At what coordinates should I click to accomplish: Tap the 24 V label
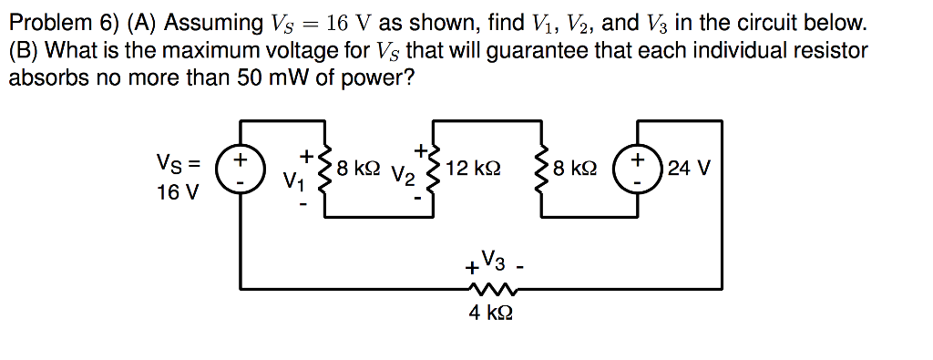tap(689, 169)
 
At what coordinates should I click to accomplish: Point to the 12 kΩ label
tap(474, 169)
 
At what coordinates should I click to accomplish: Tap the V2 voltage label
tap(401, 175)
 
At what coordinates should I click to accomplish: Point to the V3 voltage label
tap(490, 258)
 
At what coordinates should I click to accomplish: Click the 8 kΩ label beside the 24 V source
tap(575, 169)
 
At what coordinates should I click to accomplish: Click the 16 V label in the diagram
tap(176, 193)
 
